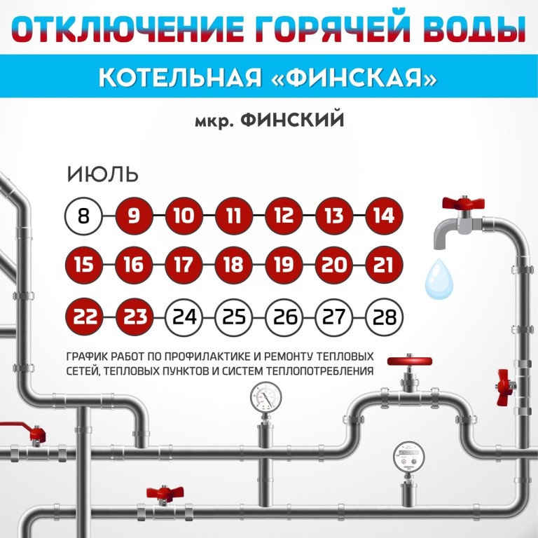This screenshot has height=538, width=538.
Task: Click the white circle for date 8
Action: (x=83, y=216)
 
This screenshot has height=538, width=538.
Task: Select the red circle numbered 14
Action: (x=384, y=216)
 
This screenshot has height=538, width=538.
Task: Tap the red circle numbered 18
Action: (x=234, y=265)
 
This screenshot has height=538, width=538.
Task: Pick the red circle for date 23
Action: (x=134, y=317)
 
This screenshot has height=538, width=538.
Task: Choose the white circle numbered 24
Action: (x=184, y=317)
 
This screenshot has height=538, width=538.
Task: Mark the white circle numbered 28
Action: (x=384, y=317)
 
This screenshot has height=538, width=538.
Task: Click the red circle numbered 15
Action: (x=84, y=265)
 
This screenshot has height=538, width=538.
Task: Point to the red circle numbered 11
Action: (x=234, y=216)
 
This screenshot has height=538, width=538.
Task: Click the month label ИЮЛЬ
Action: (x=102, y=174)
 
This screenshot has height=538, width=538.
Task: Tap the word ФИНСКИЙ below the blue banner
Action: (x=292, y=120)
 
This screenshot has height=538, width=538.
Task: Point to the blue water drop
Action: (x=439, y=279)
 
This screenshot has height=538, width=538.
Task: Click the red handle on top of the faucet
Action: (x=463, y=202)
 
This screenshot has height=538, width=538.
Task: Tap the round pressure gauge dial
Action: (x=266, y=397)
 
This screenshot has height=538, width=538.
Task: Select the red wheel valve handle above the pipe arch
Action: (x=409, y=361)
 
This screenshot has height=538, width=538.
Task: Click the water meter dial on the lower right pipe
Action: (x=408, y=457)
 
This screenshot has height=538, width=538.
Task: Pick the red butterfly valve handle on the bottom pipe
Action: (x=165, y=492)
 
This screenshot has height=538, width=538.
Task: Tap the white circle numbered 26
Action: (x=284, y=317)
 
